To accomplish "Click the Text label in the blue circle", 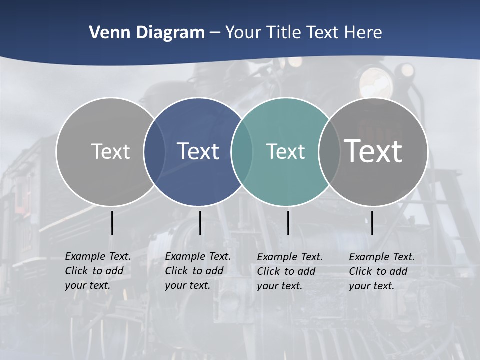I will pyautogui.click(x=198, y=151).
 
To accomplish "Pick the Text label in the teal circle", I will pyautogui.click(x=286, y=151).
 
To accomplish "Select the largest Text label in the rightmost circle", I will pyautogui.click(x=373, y=151).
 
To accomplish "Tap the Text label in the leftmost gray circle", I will pyautogui.click(x=111, y=151).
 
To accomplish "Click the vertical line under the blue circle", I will pyautogui.click(x=200, y=223).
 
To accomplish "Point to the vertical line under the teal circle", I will pyautogui.click(x=288, y=223).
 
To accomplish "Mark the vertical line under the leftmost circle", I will pyautogui.click(x=112, y=223).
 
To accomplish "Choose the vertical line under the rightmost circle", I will pyautogui.click(x=372, y=223).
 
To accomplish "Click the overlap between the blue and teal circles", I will pyautogui.click(x=242, y=151).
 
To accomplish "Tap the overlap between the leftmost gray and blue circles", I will pyautogui.click(x=154, y=151).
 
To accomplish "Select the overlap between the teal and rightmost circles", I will pyautogui.click(x=329, y=151).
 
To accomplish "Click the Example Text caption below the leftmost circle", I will pyautogui.click(x=98, y=271).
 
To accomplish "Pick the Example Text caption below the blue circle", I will pyautogui.click(x=198, y=271).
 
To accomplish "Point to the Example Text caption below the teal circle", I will pyautogui.click(x=290, y=271).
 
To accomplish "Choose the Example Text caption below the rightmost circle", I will pyautogui.click(x=382, y=271).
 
